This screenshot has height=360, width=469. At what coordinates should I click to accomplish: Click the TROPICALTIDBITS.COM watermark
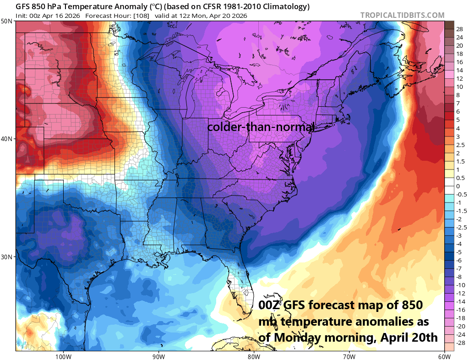tap(402, 15)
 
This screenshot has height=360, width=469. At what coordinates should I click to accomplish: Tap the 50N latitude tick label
tap(7, 22)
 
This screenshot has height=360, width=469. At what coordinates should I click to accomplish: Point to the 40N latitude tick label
tap(7, 139)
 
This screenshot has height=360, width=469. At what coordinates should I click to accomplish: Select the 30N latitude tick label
tap(7, 256)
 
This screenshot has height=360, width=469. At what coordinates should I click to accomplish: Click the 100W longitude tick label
tap(63, 356)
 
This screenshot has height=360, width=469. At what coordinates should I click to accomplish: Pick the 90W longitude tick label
tap(158, 356)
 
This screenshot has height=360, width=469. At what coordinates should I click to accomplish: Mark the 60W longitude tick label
tap(443, 356)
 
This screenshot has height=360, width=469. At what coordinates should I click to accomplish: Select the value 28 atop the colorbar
tap(459, 29)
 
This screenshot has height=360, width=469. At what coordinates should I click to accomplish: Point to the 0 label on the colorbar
tap(458, 186)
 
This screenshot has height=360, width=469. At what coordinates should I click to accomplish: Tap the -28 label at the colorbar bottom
tap(460, 343)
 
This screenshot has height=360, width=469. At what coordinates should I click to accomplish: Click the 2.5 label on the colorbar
tap(460, 145)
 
